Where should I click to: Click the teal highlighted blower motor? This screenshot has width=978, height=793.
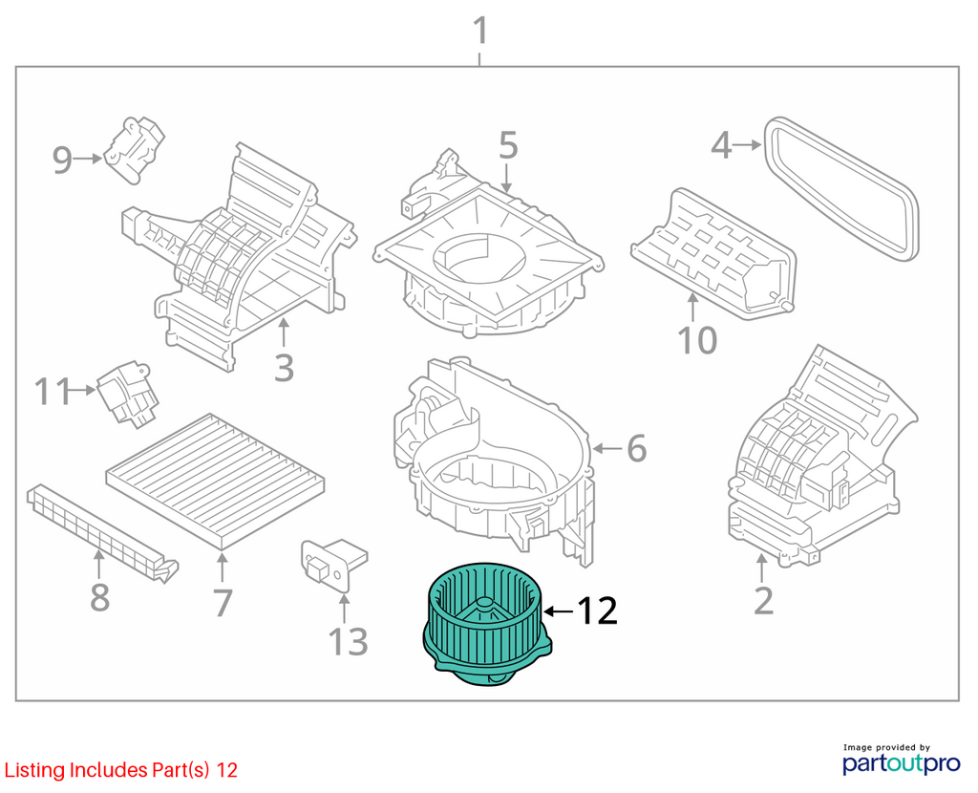point(487,624)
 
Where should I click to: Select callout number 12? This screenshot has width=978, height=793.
point(597,611)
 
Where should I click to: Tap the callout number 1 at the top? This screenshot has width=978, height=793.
point(480,31)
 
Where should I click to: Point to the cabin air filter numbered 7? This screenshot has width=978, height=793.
point(215,481)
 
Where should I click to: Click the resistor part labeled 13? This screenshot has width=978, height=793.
point(333,565)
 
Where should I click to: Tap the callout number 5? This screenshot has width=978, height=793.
point(508,145)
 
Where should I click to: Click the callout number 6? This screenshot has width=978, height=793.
point(636,448)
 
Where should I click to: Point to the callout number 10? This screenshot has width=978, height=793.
point(697,341)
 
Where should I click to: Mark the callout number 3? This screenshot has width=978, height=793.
point(284,368)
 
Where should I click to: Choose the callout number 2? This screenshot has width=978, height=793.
point(763,600)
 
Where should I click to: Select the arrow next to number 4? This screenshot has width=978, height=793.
point(747,145)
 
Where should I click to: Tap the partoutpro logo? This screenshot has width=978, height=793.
point(901,760)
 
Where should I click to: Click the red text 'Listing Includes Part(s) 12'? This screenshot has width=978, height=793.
point(121,770)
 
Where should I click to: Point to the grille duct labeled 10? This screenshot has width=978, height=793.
point(713,252)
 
